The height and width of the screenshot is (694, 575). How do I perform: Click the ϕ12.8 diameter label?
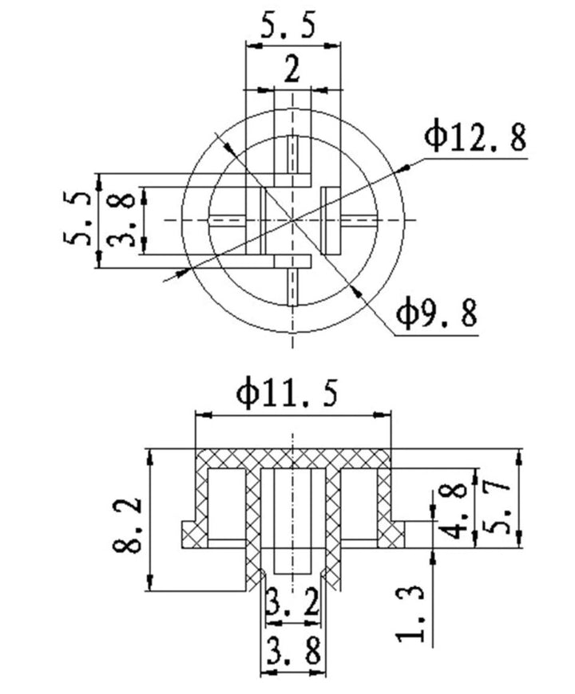(475, 137)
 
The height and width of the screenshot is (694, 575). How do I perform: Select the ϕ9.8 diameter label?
(437, 313)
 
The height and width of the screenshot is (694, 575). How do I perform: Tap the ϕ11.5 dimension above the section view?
(287, 394)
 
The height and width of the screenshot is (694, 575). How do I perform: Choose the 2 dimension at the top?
(292, 70)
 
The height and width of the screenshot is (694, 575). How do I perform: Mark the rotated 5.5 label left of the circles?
(79, 219)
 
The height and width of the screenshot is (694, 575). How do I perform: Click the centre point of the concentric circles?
(293, 219)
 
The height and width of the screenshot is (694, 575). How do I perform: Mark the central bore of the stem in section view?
(293, 519)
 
